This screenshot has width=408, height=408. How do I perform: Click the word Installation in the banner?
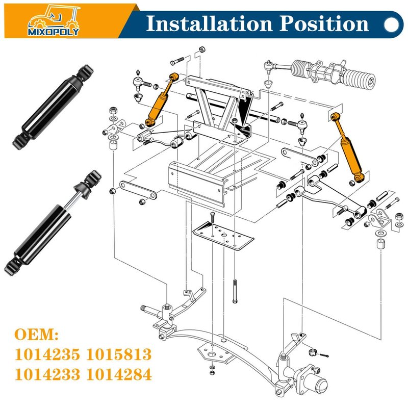209,23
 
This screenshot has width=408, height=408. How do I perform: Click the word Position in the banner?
324,23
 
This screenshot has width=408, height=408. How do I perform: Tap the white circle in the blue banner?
391,24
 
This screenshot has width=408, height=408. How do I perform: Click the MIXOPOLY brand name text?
54,32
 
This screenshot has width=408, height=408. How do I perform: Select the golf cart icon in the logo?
54,17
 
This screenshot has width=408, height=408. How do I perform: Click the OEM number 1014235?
47,354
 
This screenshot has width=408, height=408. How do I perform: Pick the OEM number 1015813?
119,354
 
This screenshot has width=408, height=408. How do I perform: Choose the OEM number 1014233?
47,374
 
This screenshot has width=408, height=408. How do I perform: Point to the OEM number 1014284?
119,374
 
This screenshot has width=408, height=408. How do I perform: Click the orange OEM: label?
36,335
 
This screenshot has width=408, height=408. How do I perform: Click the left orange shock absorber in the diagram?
161,100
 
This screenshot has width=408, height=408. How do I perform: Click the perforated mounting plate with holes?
223,235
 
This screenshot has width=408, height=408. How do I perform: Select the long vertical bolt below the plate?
235,291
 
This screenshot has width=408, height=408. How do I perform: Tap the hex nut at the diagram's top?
202,49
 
